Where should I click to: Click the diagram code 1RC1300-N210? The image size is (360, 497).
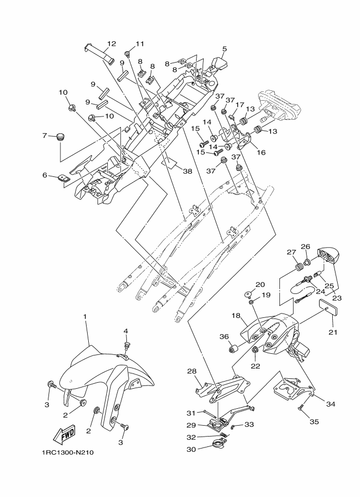point(66,452)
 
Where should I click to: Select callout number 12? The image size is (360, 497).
point(111,44)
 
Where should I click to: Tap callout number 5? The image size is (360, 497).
point(224,49)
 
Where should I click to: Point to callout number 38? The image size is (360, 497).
point(187,171)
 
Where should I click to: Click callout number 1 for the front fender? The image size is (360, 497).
point(85,316)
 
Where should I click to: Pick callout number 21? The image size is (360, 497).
point(333,332)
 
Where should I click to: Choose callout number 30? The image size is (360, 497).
point(191,449)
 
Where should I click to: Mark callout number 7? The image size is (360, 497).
point(45,136)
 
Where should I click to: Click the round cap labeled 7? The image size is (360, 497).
point(59,137)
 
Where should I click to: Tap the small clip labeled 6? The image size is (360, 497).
point(64,178)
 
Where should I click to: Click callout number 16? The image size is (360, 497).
point(261,152)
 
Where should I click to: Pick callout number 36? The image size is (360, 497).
point(224,336)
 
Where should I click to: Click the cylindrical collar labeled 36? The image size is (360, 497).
point(234,349)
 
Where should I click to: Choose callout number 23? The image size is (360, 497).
point(337,298)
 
